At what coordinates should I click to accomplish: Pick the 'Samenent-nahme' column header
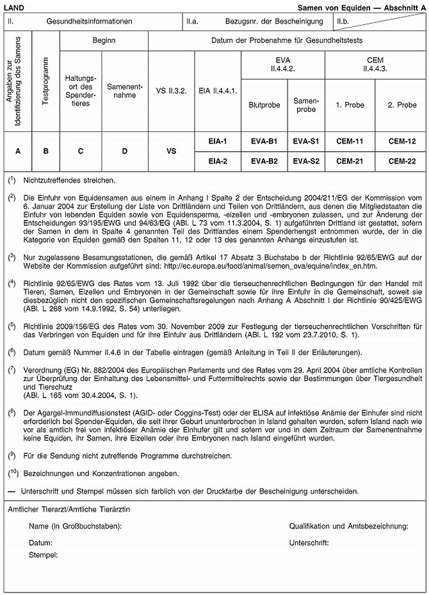125,90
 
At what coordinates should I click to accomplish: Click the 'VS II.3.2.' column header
171,90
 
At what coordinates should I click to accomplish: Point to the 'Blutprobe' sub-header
264,103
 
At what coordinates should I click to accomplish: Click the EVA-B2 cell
264,161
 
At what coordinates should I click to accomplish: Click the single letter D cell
125,151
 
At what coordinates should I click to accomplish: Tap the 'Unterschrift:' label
309,542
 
